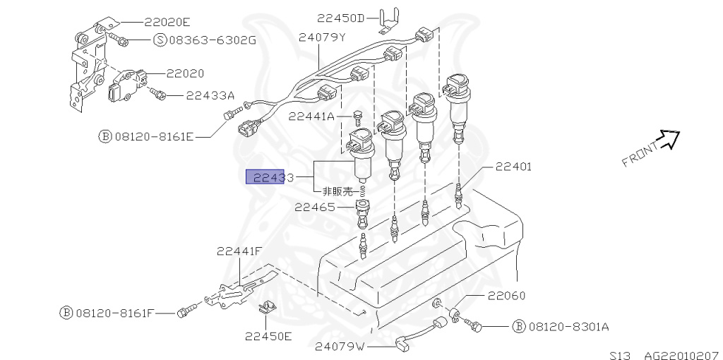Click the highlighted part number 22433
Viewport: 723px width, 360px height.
coord(269,177)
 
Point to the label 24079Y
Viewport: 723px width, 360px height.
coord(321,38)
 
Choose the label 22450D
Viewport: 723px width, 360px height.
coord(340,18)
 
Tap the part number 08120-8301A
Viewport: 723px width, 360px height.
coord(568,327)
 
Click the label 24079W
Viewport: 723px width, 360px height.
coord(340,347)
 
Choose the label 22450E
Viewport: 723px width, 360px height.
coord(268,336)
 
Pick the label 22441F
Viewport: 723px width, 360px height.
coord(239,251)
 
